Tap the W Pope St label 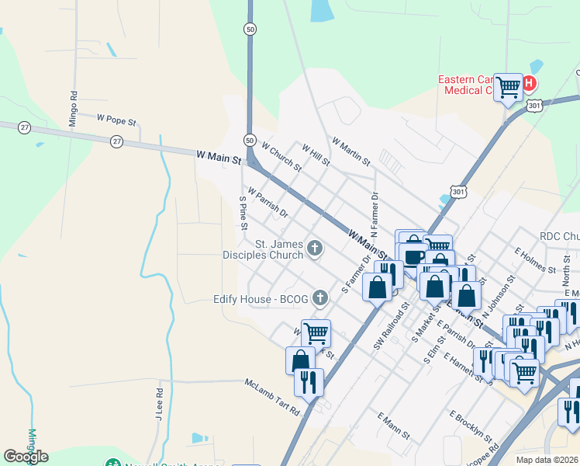[x=116, y=121]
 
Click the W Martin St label [x=350, y=151]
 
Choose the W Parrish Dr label [x=268, y=202]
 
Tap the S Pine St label [x=243, y=211]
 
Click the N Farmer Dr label [x=375, y=214]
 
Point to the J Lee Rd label [x=158, y=405]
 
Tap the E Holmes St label [x=536, y=260]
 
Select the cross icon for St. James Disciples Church [x=314, y=249]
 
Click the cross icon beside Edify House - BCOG [x=318, y=298]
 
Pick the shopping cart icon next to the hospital [x=509, y=86]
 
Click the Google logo [x=26, y=457]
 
